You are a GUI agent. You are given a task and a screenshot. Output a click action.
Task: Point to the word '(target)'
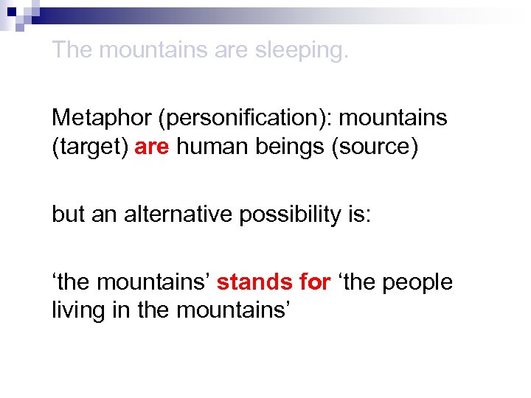90,147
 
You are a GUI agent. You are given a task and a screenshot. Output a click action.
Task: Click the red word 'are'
153,147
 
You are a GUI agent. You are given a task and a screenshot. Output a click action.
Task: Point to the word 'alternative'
178,214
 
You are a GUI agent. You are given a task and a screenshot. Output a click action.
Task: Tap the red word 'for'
313,282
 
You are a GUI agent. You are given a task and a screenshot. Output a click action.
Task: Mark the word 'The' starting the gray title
72,50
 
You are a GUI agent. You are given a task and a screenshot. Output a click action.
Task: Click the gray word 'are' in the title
231,51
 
